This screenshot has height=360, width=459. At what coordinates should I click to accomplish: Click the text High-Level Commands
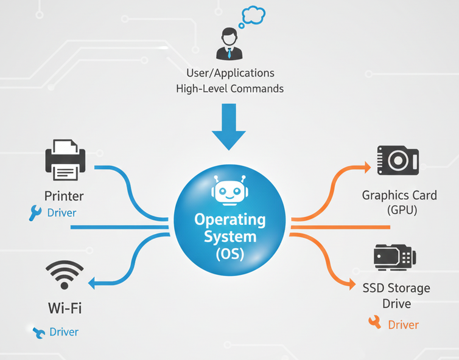point(229,89)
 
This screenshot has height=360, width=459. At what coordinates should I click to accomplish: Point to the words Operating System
point(229,226)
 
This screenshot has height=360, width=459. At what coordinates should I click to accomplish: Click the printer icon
point(65,161)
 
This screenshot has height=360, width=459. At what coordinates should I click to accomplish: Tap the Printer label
point(64,196)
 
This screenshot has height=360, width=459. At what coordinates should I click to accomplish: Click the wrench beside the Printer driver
point(35,213)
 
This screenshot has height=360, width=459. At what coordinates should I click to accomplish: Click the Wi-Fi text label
point(65,308)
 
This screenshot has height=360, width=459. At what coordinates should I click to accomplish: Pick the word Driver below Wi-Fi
point(64,332)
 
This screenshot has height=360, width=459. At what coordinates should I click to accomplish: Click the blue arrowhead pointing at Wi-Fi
point(93,283)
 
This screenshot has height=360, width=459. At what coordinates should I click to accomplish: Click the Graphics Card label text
point(399,196)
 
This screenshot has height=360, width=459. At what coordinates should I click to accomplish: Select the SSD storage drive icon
point(394,257)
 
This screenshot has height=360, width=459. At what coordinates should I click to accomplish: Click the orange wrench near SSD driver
point(374,323)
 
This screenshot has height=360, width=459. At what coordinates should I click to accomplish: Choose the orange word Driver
point(403,325)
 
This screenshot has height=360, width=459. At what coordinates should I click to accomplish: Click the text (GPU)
point(399,210)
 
